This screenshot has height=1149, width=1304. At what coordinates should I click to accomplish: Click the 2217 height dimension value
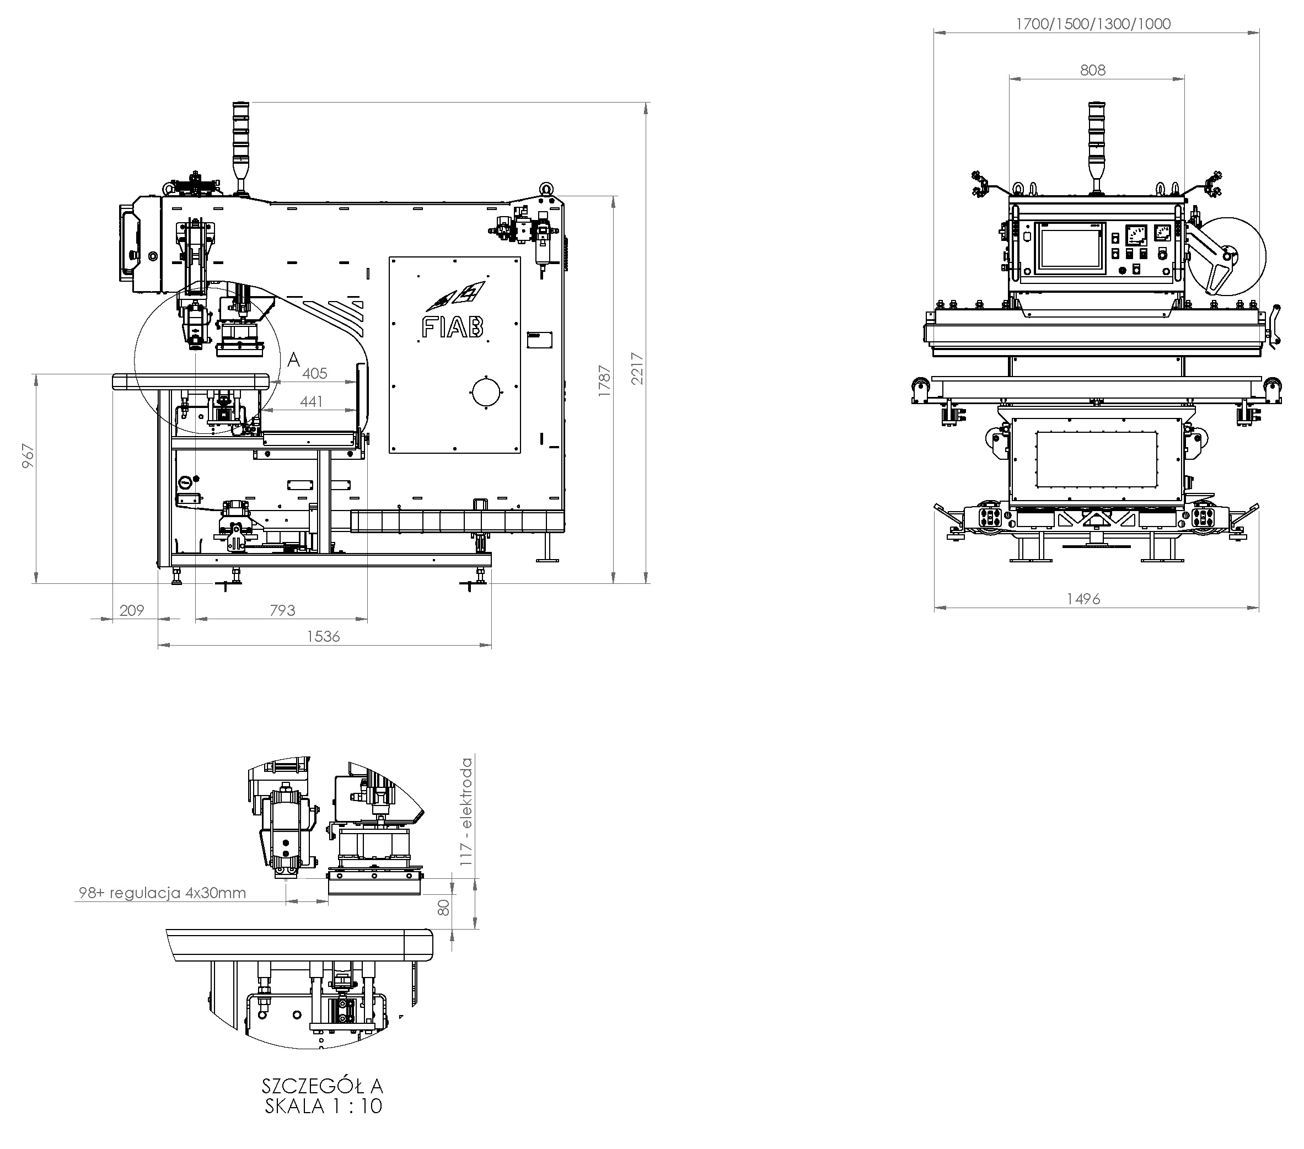(x=637, y=369)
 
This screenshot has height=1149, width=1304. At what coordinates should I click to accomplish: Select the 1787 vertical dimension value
(x=604, y=381)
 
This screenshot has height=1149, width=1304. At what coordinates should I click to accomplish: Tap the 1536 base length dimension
(x=324, y=636)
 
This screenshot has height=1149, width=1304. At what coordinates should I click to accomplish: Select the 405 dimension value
(x=314, y=373)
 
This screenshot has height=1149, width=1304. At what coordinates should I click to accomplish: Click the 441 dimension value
(x=312, y=401)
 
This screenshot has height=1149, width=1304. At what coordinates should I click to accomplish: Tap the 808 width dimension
(x=1092, y=70)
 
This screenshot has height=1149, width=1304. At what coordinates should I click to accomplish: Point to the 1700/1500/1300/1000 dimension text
(x=1093, y=24)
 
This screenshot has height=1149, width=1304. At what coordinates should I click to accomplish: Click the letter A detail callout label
(x=293, y=360)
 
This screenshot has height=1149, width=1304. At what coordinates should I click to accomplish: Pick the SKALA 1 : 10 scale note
(x=324, y=1106)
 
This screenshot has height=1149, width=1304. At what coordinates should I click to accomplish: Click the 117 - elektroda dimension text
(x=467, y=811)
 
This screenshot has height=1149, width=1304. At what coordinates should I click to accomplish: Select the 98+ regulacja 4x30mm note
(x=162, y=893)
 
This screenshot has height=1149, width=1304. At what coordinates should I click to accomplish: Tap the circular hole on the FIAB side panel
(x=486, y=393)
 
